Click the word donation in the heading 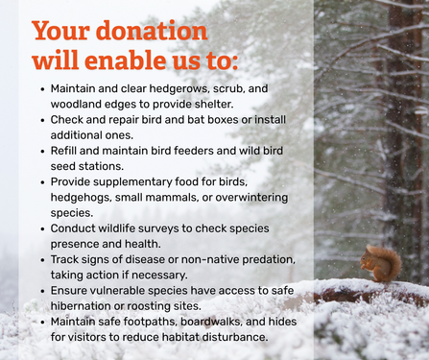(152, 31)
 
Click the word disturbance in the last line (230, 337)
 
